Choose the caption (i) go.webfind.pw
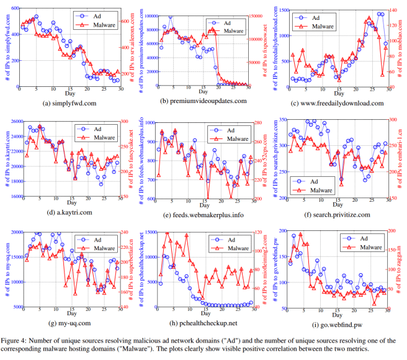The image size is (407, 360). (x=338, y=323)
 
